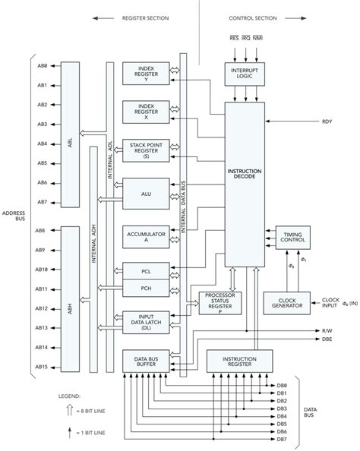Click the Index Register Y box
(147, 74)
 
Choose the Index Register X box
(147, 111)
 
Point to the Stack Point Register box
(147, 150)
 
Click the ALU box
(147, 194)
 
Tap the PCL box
(147, 270)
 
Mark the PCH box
(147, 289)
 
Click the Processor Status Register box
(218, 302)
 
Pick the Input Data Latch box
(147, 323)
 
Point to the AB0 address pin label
(43, 66)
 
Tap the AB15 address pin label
(43, 367)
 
